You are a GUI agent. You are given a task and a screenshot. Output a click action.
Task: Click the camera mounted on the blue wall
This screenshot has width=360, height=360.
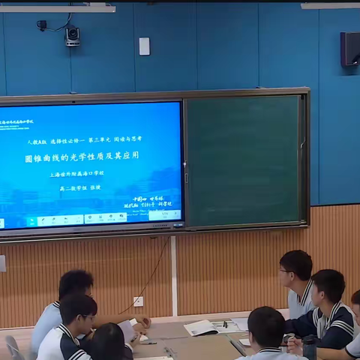pos(72,35)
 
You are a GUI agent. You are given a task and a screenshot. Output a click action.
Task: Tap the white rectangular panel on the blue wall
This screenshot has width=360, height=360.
pos(144,46)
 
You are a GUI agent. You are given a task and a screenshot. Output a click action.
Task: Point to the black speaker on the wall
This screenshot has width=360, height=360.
pos(350,49)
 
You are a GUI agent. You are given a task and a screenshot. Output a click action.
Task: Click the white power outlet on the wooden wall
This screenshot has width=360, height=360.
pos(138,301)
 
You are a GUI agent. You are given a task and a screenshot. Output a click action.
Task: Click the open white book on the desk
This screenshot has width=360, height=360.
pos(202,328)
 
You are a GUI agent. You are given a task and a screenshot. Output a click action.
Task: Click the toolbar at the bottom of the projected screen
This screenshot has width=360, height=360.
pos(90,220)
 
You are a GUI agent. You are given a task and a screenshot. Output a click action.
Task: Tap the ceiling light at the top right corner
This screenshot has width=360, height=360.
pos(330,6)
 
